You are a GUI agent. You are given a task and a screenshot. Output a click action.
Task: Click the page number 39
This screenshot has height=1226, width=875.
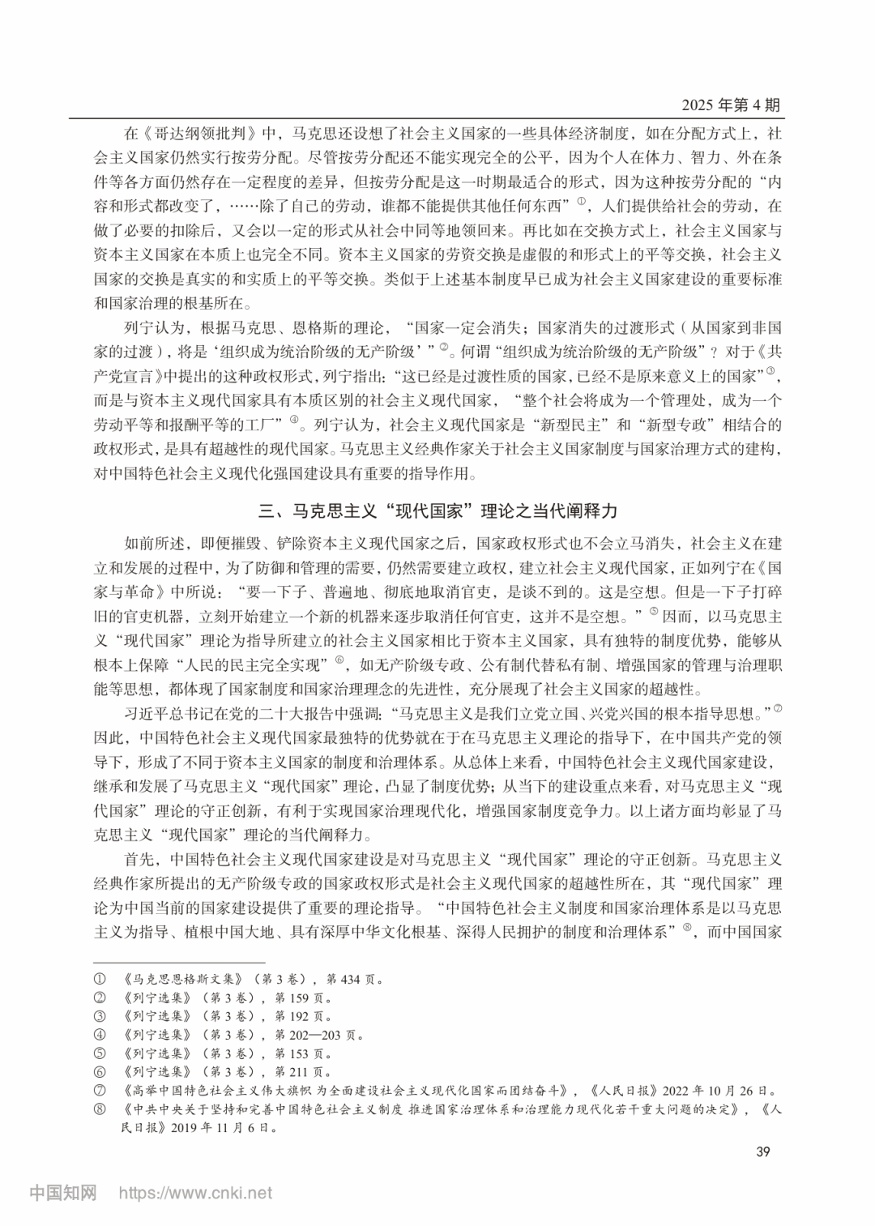click(x=762, y=1152)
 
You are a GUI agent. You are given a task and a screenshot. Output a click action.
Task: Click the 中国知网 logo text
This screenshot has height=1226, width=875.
click(x=63, y=1193)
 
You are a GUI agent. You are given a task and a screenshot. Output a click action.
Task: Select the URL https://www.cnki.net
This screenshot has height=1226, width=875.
click(x=196, y=1193)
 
